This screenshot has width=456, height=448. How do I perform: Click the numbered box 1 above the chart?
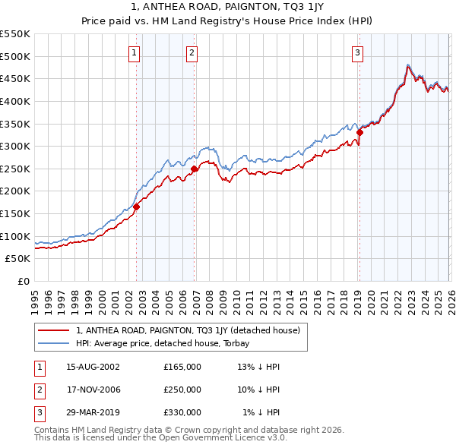[134, 52]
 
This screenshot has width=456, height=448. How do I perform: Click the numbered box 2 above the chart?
[192, 52]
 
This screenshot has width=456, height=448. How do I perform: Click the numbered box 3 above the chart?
[357, 52]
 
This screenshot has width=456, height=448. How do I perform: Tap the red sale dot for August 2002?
[137, 207]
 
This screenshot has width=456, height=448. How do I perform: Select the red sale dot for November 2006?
[195, 169]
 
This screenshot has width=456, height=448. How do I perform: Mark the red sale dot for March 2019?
[359, 132]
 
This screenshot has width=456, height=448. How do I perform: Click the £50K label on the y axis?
[18, 259]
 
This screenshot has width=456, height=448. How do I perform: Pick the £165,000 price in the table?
[182, 367]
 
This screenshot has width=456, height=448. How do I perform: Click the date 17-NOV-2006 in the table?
[93, 390]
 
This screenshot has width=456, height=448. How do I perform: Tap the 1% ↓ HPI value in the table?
[261, 412]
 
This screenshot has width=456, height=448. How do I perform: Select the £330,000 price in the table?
[182, 412]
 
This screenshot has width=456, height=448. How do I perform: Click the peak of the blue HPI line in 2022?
[408, 65]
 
